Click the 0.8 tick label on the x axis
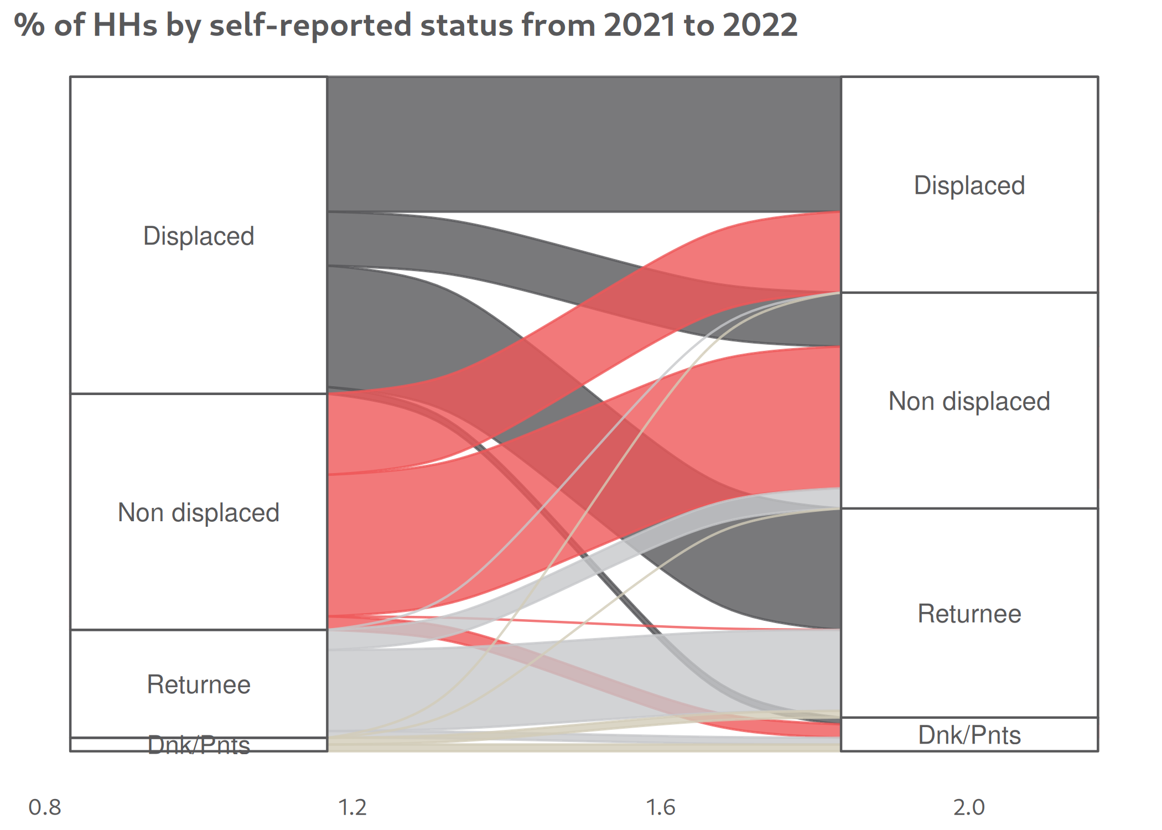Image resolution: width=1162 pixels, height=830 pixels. [x=45, y=807]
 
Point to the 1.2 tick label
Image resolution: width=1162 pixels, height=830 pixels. [x=352, y=807]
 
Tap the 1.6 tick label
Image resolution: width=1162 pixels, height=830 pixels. [x=661, y=807]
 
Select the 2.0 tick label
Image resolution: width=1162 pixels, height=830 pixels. [x=969, y=807]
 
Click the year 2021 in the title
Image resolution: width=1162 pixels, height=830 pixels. [x=639, y=25]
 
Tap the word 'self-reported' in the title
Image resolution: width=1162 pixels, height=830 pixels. [x=310, y=25]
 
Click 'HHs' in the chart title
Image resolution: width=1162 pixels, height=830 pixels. [x=125, y=25]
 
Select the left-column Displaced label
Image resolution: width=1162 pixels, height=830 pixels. [x=199, y=236]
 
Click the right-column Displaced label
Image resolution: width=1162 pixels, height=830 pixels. [x=969, y=185]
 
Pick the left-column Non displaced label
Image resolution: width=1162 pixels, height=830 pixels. [x=199, y=512]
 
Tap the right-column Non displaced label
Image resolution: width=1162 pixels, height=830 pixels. [x=969, y=401]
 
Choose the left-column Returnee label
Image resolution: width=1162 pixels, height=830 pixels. [x=199, y=684]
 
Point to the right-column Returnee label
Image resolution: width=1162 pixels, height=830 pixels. [x=969, y=614]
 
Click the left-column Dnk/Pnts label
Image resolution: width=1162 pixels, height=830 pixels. [x=199, y=745]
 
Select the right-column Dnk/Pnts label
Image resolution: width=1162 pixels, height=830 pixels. [x=969, y=735]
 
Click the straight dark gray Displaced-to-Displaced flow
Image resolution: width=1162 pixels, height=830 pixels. [x=584, y=144]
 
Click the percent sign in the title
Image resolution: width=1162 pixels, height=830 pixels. [x=29, y=25]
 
